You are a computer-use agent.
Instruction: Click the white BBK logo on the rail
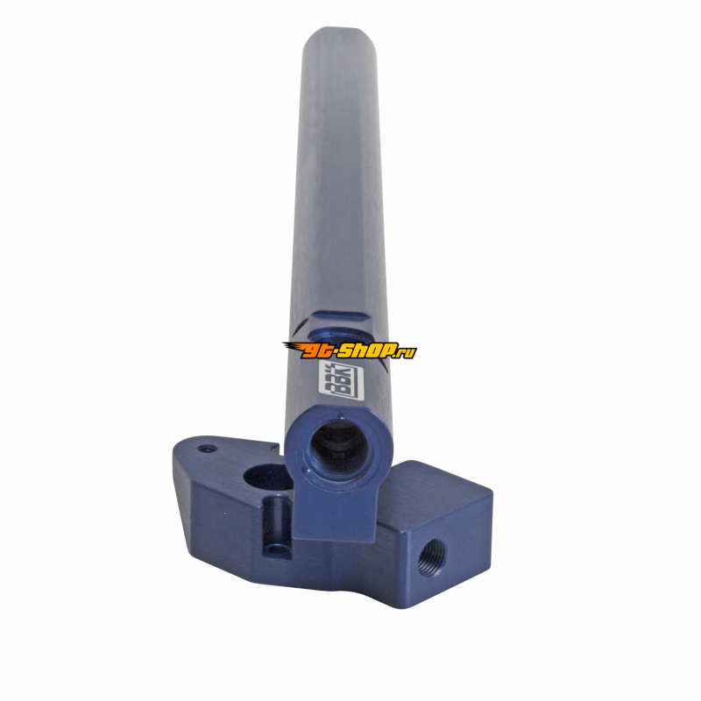click(x=343, y=379)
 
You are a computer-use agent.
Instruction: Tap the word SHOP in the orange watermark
click(x=366, y=350)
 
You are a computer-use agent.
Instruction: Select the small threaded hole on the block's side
click(x=431, y=557)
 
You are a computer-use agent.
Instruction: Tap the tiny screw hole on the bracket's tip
click(x=208, y=449)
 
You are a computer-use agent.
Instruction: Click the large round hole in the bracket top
click(x=267, y=478)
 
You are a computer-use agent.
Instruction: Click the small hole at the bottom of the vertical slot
click(x=277, y=549)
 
